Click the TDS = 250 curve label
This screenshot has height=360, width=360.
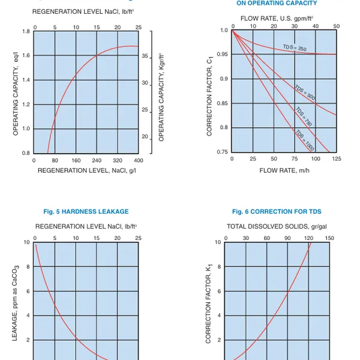(x=295, y=48)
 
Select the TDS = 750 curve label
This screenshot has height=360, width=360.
(x=304, y=117)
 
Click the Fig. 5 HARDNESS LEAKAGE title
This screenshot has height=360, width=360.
(x=86, y=211)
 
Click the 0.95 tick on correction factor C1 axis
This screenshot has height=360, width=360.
(x=223, y=55)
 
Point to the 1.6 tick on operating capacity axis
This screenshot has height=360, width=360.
(x=26, y=56)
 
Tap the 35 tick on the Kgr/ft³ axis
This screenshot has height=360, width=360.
(x=145, y=56)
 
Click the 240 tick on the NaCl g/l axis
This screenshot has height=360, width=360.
(x=97, y=161)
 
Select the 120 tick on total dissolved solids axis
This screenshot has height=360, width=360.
(x=308, y=238)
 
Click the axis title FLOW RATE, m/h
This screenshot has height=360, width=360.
(x=284, y=170)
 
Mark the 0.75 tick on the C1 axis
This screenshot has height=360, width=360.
(x=223, y=152)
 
